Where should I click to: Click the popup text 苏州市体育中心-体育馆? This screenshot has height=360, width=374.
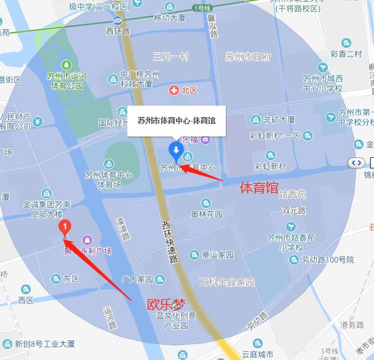[177, 120]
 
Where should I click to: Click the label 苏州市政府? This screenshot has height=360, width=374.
[248, 57]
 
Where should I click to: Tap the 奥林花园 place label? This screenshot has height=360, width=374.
[207, 215]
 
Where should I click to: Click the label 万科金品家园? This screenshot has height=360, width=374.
[227, 282]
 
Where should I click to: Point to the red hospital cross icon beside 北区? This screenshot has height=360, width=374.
[174, 90]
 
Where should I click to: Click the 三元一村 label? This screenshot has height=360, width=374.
[171, 57]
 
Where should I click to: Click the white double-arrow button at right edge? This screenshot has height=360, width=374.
[356, 162]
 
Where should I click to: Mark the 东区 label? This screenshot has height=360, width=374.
[71, 278]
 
